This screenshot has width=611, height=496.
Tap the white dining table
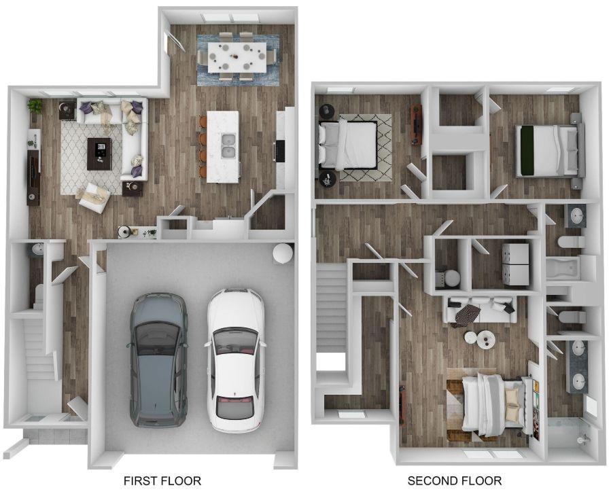pos(237,57)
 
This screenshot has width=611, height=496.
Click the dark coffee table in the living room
pos(99,154)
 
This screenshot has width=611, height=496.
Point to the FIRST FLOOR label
pos(162,481)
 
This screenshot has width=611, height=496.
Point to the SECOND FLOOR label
pos(454,481)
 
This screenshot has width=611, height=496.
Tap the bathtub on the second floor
pos(561,270)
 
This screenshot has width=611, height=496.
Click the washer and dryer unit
pos(515,263)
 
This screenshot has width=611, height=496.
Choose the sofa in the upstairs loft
pos(480,309)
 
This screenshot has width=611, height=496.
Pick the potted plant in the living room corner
pos(35,105)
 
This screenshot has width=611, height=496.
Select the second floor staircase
pos(332,308)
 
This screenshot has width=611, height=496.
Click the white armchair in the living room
pos(93,196)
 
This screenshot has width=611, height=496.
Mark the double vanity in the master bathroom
pos(578,365)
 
